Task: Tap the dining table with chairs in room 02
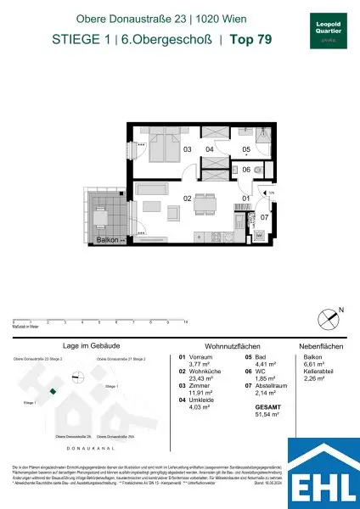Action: tap(203, 204)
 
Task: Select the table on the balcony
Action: tap(101, 220)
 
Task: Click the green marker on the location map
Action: tap(53, 391)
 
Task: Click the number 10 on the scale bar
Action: tap(185, 323)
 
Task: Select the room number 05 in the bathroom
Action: tap(245, 150)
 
